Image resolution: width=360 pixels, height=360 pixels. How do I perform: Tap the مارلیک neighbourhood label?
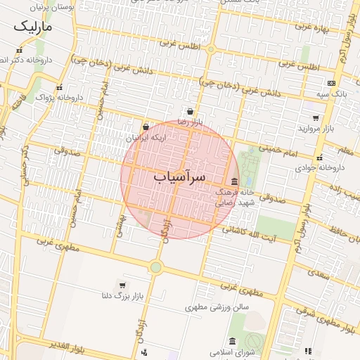pyautogui.click(x=32, y=27)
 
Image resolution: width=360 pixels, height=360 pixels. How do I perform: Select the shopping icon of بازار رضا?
pyautogui.click(x=191, y=111)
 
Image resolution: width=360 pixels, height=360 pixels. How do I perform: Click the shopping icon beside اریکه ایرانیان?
pyautogui.click(x=146, y=127)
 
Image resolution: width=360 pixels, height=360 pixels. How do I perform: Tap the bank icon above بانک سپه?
pyautogui.click(x=331, y=83)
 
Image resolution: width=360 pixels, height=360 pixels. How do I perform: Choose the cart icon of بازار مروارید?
pyautogui.click(x=316, y=118)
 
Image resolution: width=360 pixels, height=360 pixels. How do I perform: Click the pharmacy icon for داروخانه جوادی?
pyautogui.click(x=321, y=157)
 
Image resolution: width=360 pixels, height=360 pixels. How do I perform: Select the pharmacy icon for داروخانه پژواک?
pyautogui.click(x=59, y=88)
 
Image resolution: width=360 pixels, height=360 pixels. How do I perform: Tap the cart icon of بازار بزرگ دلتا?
pyautogui.click(x=122, y=285)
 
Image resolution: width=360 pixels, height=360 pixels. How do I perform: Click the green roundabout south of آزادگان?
pyautogui.click(x=155, y=267)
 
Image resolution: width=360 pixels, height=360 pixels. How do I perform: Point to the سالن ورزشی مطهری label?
pyautogui.click(x=218, y=307)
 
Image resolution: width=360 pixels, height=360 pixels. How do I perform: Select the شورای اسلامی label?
pyautogui.click(x=231, y=352)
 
